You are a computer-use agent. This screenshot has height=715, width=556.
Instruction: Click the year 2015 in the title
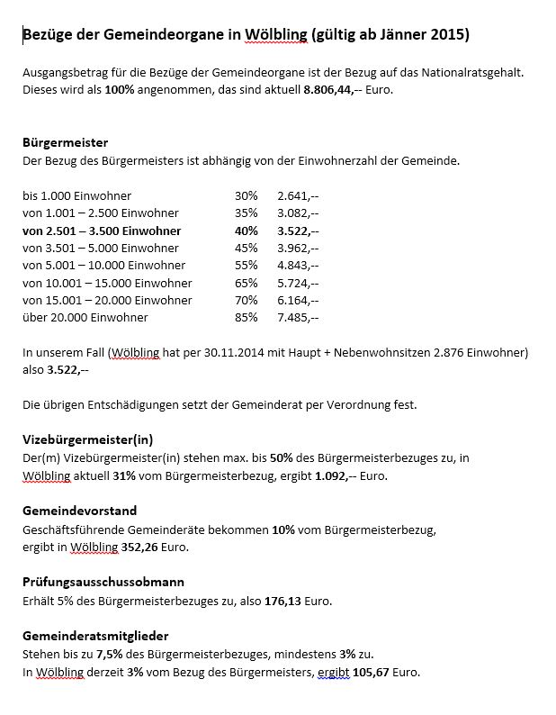[x=447, y=35]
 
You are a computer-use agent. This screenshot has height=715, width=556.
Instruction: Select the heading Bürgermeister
[x=65, y=143]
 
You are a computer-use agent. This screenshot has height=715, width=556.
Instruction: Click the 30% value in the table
[x=246, y=195]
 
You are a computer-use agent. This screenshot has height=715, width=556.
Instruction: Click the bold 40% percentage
[x=246, y=231]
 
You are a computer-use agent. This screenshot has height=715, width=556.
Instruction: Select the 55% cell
[x=246, y=266]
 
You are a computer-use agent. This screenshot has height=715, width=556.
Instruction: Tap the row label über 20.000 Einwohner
[x=85, y=318]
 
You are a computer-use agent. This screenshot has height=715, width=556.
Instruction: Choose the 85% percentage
[x=246, y=318]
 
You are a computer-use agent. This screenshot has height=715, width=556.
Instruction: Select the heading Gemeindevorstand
[x=79, y=511]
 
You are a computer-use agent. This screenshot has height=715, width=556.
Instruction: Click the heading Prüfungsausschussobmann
[x=103, y=582]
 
